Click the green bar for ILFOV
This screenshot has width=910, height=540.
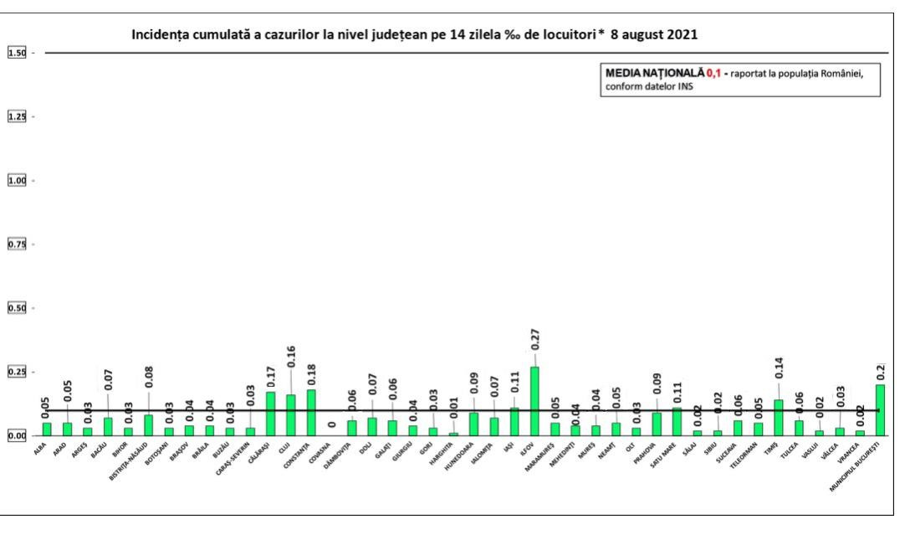pyautogui.click(x=534, y=401)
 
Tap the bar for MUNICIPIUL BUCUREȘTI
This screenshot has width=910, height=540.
pyautogui.click(x=880, y=409)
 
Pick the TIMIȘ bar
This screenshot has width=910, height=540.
pyautogui.click(x=779, y=417)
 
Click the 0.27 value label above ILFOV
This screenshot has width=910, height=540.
pyautogui.click(x=534, y=339)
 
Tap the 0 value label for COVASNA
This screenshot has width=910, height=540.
pyautogui.click(x=331, y=424)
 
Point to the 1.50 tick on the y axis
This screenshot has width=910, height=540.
pyautogui.click(x=17, y=53)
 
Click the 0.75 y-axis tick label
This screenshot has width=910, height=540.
pyautogui.click(x=17, y=244)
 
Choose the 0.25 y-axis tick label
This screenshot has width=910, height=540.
pyautogui.click(x=17, y=372)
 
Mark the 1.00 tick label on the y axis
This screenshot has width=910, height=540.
pyautogui.click(x=17, y=181)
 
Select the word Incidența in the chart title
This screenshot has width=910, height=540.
pyautogui.click(x=161, y=36)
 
